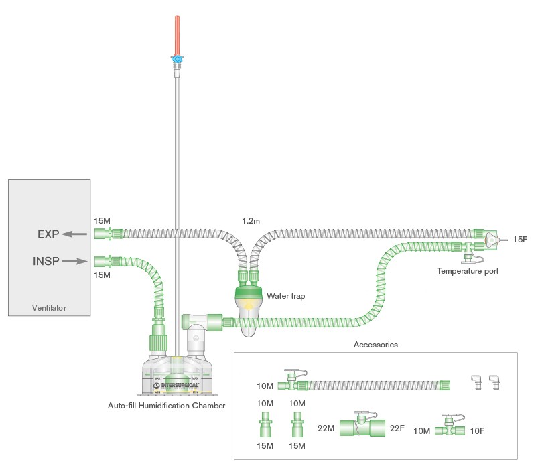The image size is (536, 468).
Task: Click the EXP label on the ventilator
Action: click(48, 234)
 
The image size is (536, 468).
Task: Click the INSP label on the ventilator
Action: click(45, 261)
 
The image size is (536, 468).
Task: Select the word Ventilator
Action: click(49, 308)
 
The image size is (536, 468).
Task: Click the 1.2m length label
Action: click(251, 220)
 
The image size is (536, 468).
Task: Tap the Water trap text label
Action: click(285, 295)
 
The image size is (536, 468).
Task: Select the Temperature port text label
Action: click(467, 271)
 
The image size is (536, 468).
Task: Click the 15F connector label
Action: click(521, 239)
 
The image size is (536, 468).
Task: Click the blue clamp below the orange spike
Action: click(177, 60)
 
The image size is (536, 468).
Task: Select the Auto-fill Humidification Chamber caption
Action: click(166, 406)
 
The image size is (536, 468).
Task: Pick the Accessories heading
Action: click(375, 345)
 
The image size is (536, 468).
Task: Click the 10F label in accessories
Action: click(477, 431)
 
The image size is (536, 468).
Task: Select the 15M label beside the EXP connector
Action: click(103, 220)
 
